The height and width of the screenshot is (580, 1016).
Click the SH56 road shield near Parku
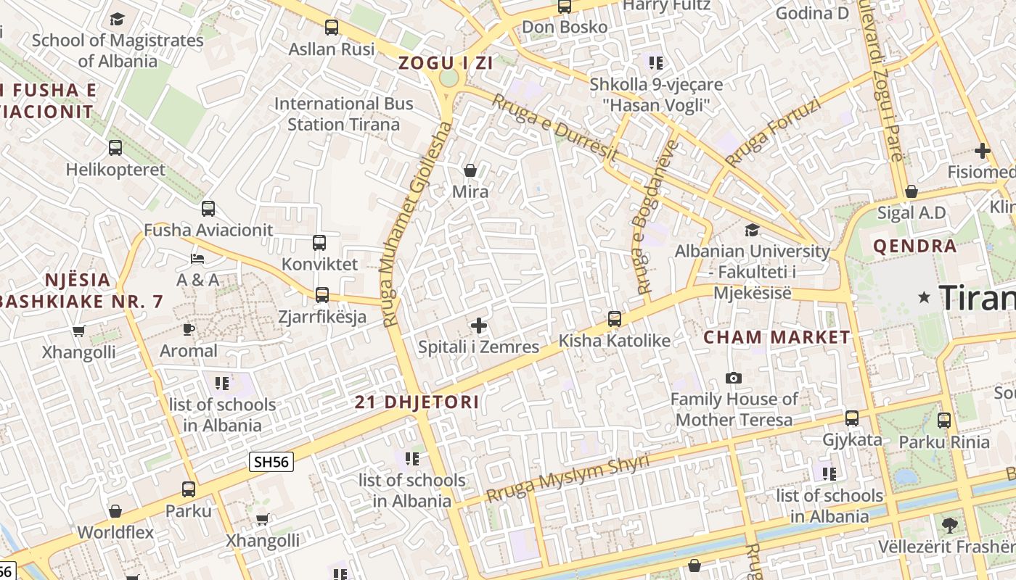click(x=271, y=462)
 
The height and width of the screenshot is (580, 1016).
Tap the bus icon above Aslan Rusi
click(x=332, y=28)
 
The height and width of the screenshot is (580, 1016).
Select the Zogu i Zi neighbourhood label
click(x=446, y=63)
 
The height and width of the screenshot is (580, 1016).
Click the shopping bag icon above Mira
click(x=470, y=170)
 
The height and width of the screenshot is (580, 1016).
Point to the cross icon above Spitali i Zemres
click(x=479, y=326)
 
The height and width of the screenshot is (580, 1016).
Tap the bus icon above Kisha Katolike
click(x=615, y=318)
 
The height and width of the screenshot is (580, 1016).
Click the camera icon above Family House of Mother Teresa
click(x=734, y=378)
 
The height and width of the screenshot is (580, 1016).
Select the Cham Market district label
click(x=777, y=337)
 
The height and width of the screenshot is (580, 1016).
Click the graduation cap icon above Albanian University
click(x=753, y=230)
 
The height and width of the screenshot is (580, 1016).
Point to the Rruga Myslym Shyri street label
click(x=568, y=478)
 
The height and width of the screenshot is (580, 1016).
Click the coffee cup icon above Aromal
click(x=189, y=329)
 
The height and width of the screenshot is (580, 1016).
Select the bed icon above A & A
click(x=197, y=258)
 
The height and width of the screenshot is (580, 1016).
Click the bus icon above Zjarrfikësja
click(x=322, y=294)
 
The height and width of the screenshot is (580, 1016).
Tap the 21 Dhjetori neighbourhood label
click(x=417, y=402)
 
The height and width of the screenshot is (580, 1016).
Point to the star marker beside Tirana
click(x=925, y=297)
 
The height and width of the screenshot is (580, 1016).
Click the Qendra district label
click(x=914, y=246)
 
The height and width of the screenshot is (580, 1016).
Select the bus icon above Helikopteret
click(x=115, y=148)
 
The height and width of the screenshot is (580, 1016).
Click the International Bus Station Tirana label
click(x=343, y=114)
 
